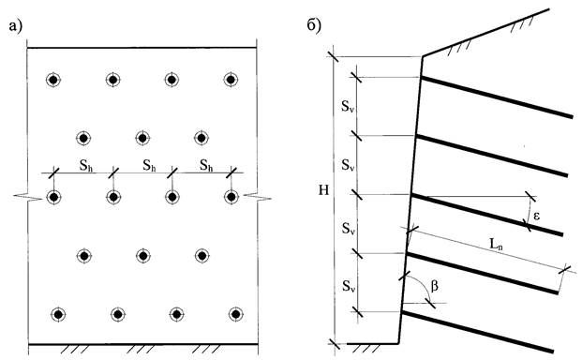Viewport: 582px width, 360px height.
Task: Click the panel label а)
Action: point(16,26)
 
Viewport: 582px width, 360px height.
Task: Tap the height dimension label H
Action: point(323,190)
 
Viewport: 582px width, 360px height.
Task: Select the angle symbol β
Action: point(434,286)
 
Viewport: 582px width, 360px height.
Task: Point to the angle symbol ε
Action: point(536,216)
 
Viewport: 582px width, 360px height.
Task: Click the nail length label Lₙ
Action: point(496,244)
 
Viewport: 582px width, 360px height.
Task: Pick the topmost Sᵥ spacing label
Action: point(348,107)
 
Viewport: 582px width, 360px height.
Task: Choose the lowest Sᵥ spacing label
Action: point(348,286)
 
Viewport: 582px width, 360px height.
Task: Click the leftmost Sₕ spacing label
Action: point(86,166)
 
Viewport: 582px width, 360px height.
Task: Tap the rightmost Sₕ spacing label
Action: point(206,165)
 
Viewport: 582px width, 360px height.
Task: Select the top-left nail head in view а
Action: point(53,80)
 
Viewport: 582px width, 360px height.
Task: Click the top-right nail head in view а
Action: point(231,80)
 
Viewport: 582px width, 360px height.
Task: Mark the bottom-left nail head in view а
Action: point(58,314)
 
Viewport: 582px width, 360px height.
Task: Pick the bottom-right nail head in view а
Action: point(235,314)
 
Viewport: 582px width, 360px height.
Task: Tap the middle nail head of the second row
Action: point(142,138)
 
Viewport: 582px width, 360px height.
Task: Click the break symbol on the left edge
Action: point(28,197)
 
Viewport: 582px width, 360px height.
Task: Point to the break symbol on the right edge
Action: point(258,197)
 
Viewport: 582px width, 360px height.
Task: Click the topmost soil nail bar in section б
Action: point(497,97)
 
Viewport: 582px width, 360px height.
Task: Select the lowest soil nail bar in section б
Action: point(478,332)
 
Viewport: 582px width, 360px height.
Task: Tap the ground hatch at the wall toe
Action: point(366,349)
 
